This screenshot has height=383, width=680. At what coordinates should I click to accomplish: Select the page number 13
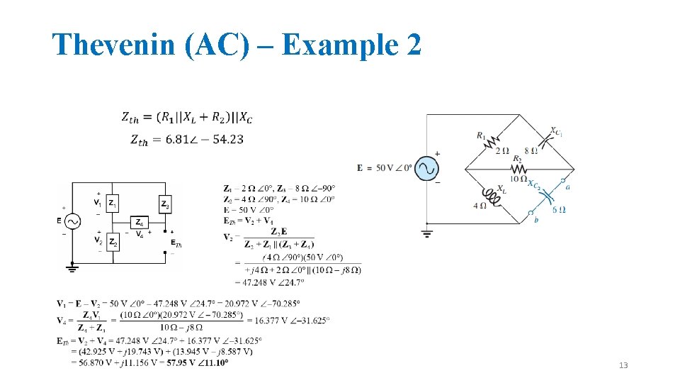pyautogui.click(x=623, y=365)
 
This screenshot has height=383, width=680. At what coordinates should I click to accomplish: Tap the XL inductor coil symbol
pyautogui.click(x=490, y=195)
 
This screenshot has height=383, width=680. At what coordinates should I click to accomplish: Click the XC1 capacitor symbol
pyautogui.click(x=548, y=141)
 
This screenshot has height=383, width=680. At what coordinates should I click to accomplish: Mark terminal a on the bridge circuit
pyautogui.click(x=564, y=182)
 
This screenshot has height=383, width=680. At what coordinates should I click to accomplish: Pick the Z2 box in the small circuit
pyautogui.click(x=113, y=243)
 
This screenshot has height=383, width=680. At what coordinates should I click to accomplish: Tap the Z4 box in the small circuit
pyautogui.click(x=140, y=222)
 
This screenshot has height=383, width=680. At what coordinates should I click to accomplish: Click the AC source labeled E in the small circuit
pyautogui.click(x=72, y=221)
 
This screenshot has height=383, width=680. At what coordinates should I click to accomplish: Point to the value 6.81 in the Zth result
pyautogui.click(x=177, y=140)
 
